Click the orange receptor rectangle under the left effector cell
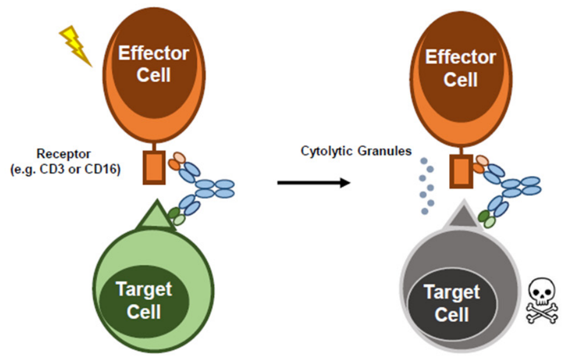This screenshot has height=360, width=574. pos(154,168)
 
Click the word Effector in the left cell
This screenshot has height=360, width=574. pos(154,54)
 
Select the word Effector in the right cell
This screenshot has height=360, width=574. pos(460,58)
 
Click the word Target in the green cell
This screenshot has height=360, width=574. pos(144,290)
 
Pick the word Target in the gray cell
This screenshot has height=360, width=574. pos(452,292)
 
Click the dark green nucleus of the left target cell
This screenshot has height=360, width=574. pos(144,300)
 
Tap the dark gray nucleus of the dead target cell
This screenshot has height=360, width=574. pos(452,303)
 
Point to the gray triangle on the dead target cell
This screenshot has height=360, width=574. pos(460,220)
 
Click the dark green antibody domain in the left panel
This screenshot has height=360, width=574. pos(173,213)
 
